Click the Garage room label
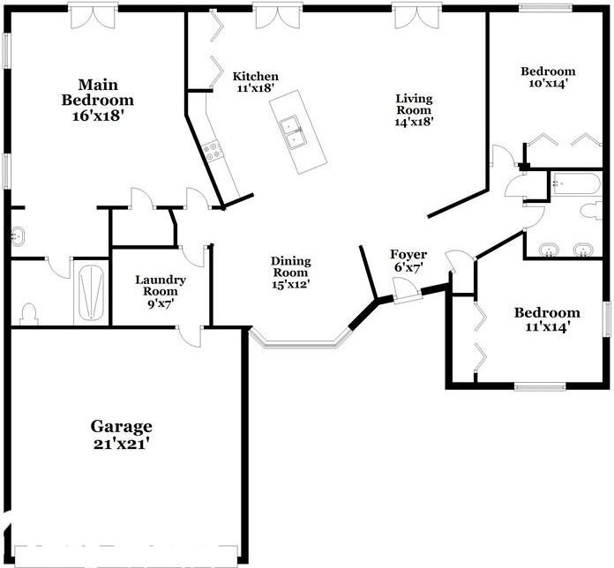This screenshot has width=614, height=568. pos(122,427)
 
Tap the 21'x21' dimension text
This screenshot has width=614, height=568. pos(122,444)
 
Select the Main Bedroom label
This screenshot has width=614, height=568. pos(98,93)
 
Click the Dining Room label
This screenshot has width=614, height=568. pos(291,266)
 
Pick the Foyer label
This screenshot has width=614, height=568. pos(408,255)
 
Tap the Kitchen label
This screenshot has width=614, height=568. pos(256,76)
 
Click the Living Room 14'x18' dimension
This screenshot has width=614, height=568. pos(415,122)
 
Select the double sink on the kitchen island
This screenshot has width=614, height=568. pos(290,132)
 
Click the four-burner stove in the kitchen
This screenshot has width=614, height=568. pos(213,151)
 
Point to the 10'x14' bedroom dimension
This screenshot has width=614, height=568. pos(548,83)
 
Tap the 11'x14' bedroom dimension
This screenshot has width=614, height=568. pos(548,326)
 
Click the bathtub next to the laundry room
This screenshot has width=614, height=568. pos(91,292)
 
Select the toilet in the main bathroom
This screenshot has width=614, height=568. pos(28,314)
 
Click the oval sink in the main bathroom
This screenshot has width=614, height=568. pos(18,236)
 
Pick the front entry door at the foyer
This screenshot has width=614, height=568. pos(408,290)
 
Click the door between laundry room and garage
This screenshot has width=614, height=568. pos(190,336)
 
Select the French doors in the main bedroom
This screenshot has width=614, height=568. pos(94,16)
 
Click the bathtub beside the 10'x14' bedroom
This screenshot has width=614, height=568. pos(575,183)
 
